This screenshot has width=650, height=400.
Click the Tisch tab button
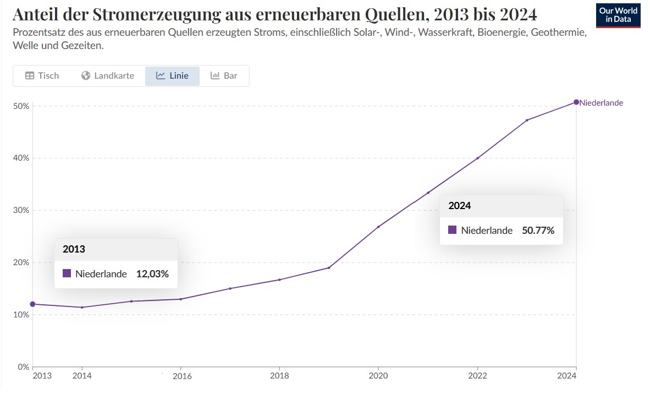[42, 76]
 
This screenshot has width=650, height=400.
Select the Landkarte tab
[108, 76]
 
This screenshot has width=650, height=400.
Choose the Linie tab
[172, 76]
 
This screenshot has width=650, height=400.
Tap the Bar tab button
[224, 76]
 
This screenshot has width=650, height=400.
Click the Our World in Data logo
[618, 15]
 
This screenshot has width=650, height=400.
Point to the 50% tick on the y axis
[21, 106]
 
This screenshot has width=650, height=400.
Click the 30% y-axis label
[21, 210]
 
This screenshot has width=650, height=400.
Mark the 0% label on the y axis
[23, 366]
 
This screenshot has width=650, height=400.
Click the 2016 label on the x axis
[182, 376]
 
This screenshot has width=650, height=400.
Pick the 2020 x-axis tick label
[379, 376]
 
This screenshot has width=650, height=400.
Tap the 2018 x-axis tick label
[280, 376]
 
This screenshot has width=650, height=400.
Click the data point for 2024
[576, 102]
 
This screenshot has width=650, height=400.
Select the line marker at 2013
[32, 304]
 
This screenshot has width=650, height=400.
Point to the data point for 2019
[329, 268]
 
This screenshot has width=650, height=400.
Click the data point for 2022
[477, 158]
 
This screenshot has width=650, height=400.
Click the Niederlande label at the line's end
[602, 103]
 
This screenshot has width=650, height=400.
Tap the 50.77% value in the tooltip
[538, 231]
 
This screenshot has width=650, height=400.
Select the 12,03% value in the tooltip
[152, 273]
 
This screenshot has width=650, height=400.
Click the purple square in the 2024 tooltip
[453, 230]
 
